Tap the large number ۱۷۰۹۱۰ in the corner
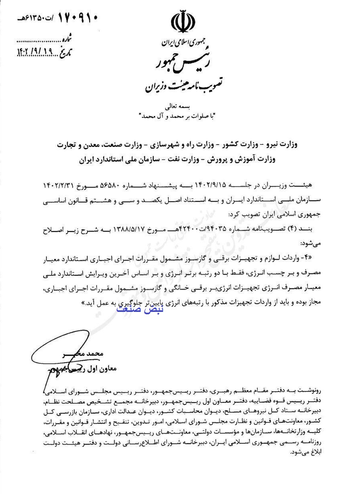78,18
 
